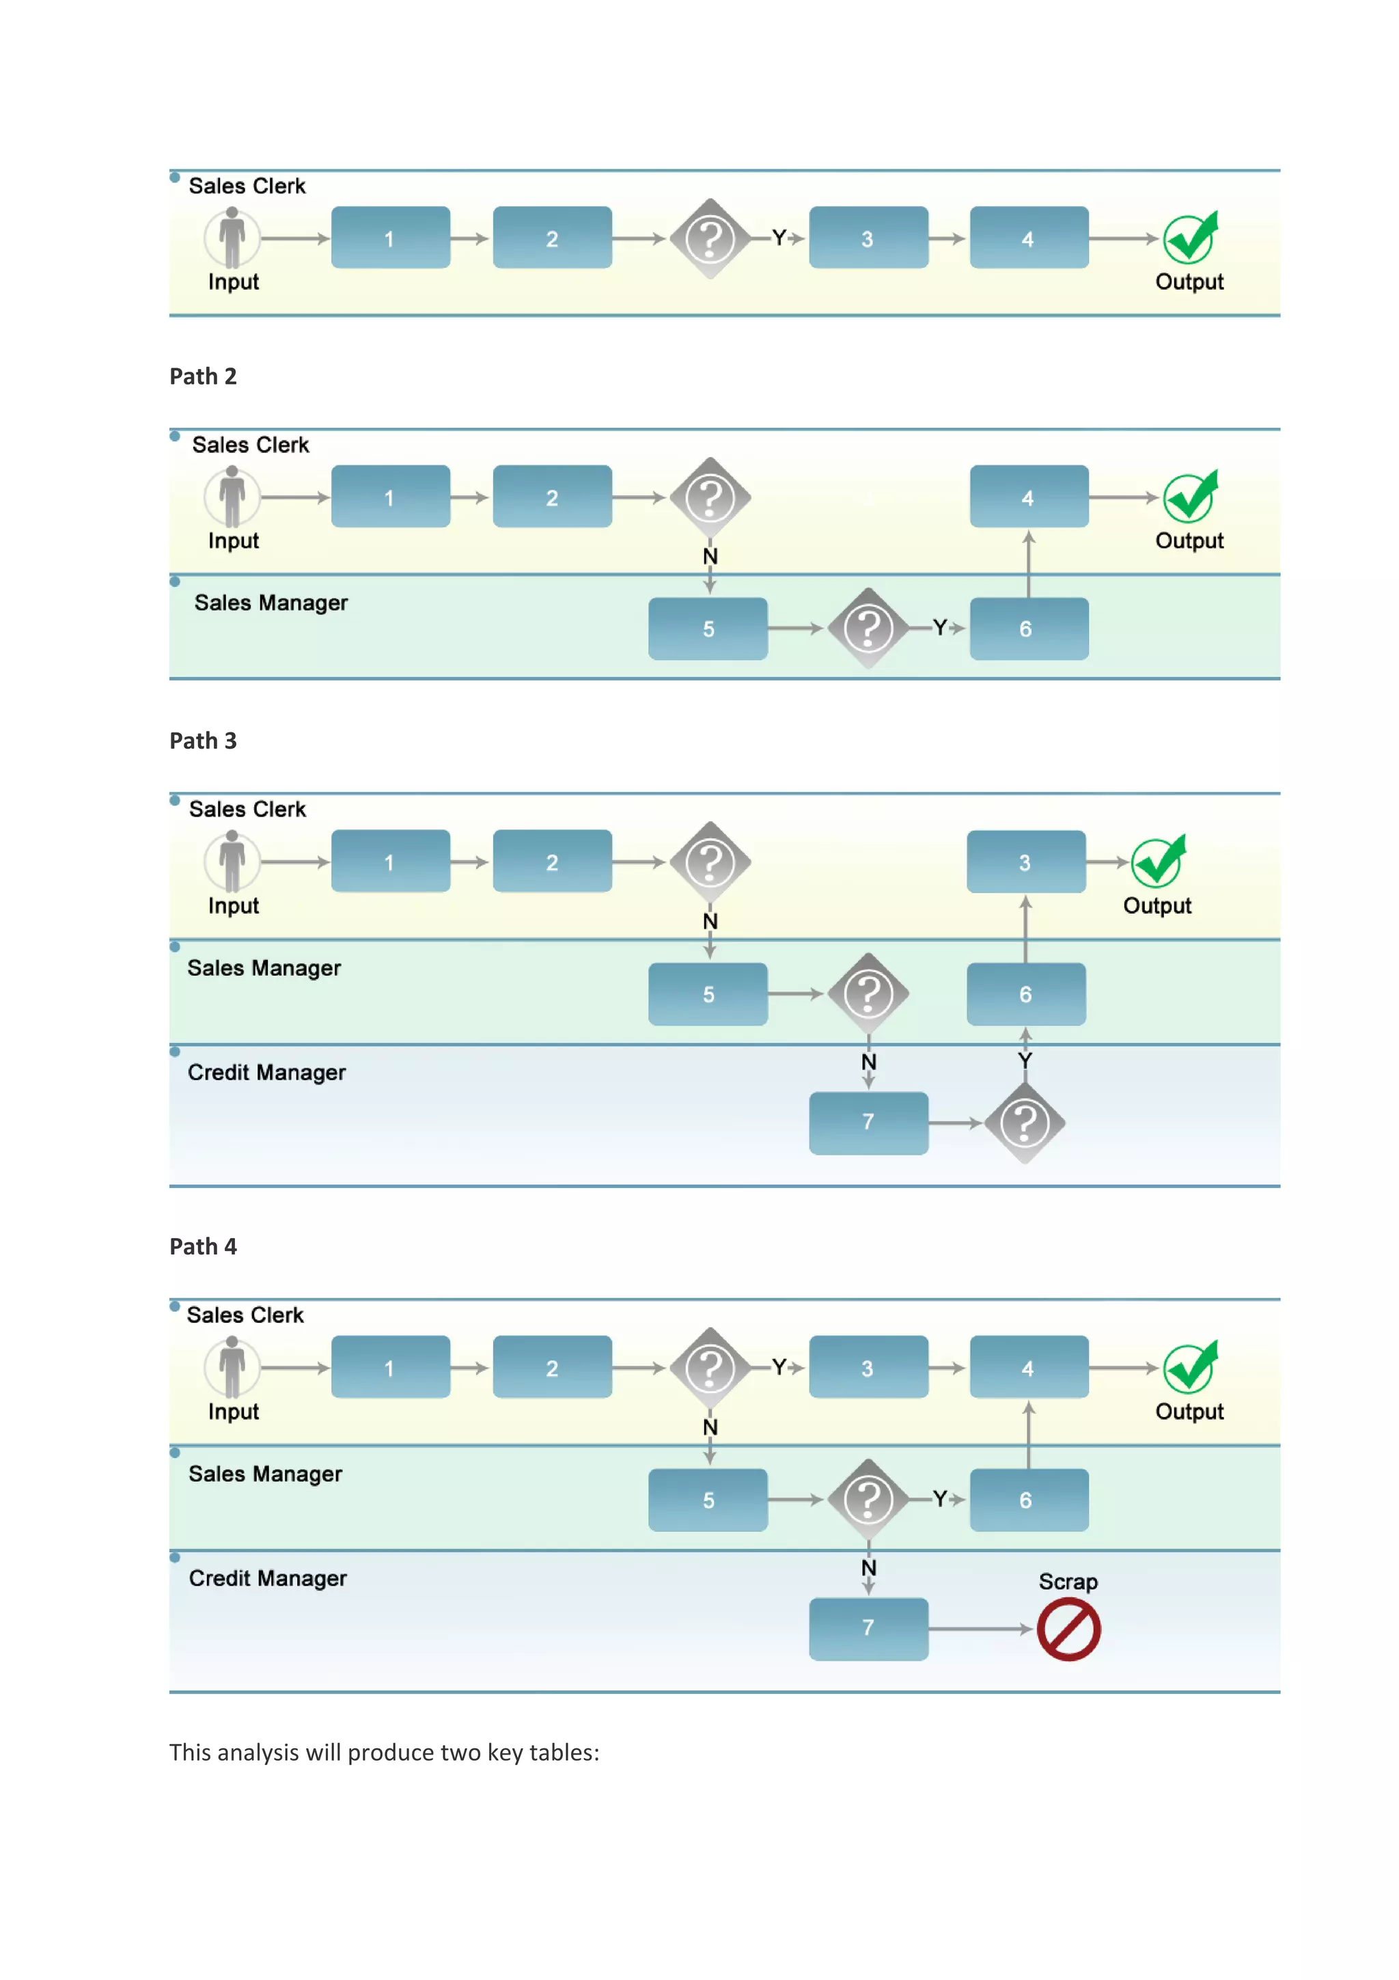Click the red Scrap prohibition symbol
(1068, 1629)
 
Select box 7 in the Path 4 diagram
(868, 1628)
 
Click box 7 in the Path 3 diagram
(868, 1122)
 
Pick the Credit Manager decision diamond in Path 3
(1024, 1123)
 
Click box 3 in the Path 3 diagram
(1025, 862)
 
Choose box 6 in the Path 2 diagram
(1027, 629)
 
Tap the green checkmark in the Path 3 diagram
(1158, 862)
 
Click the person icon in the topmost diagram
(231, 237)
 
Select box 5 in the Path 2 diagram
(708, 629)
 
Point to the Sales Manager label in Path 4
(266, 1474)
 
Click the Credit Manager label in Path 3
(266, 1072)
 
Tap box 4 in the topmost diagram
(1027, 237)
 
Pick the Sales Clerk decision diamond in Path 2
(710, 497)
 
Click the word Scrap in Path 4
(1067, 1582)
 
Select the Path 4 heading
(203, 1246)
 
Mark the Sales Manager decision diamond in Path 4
(868, 1500)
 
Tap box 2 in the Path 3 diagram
(552, 862)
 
